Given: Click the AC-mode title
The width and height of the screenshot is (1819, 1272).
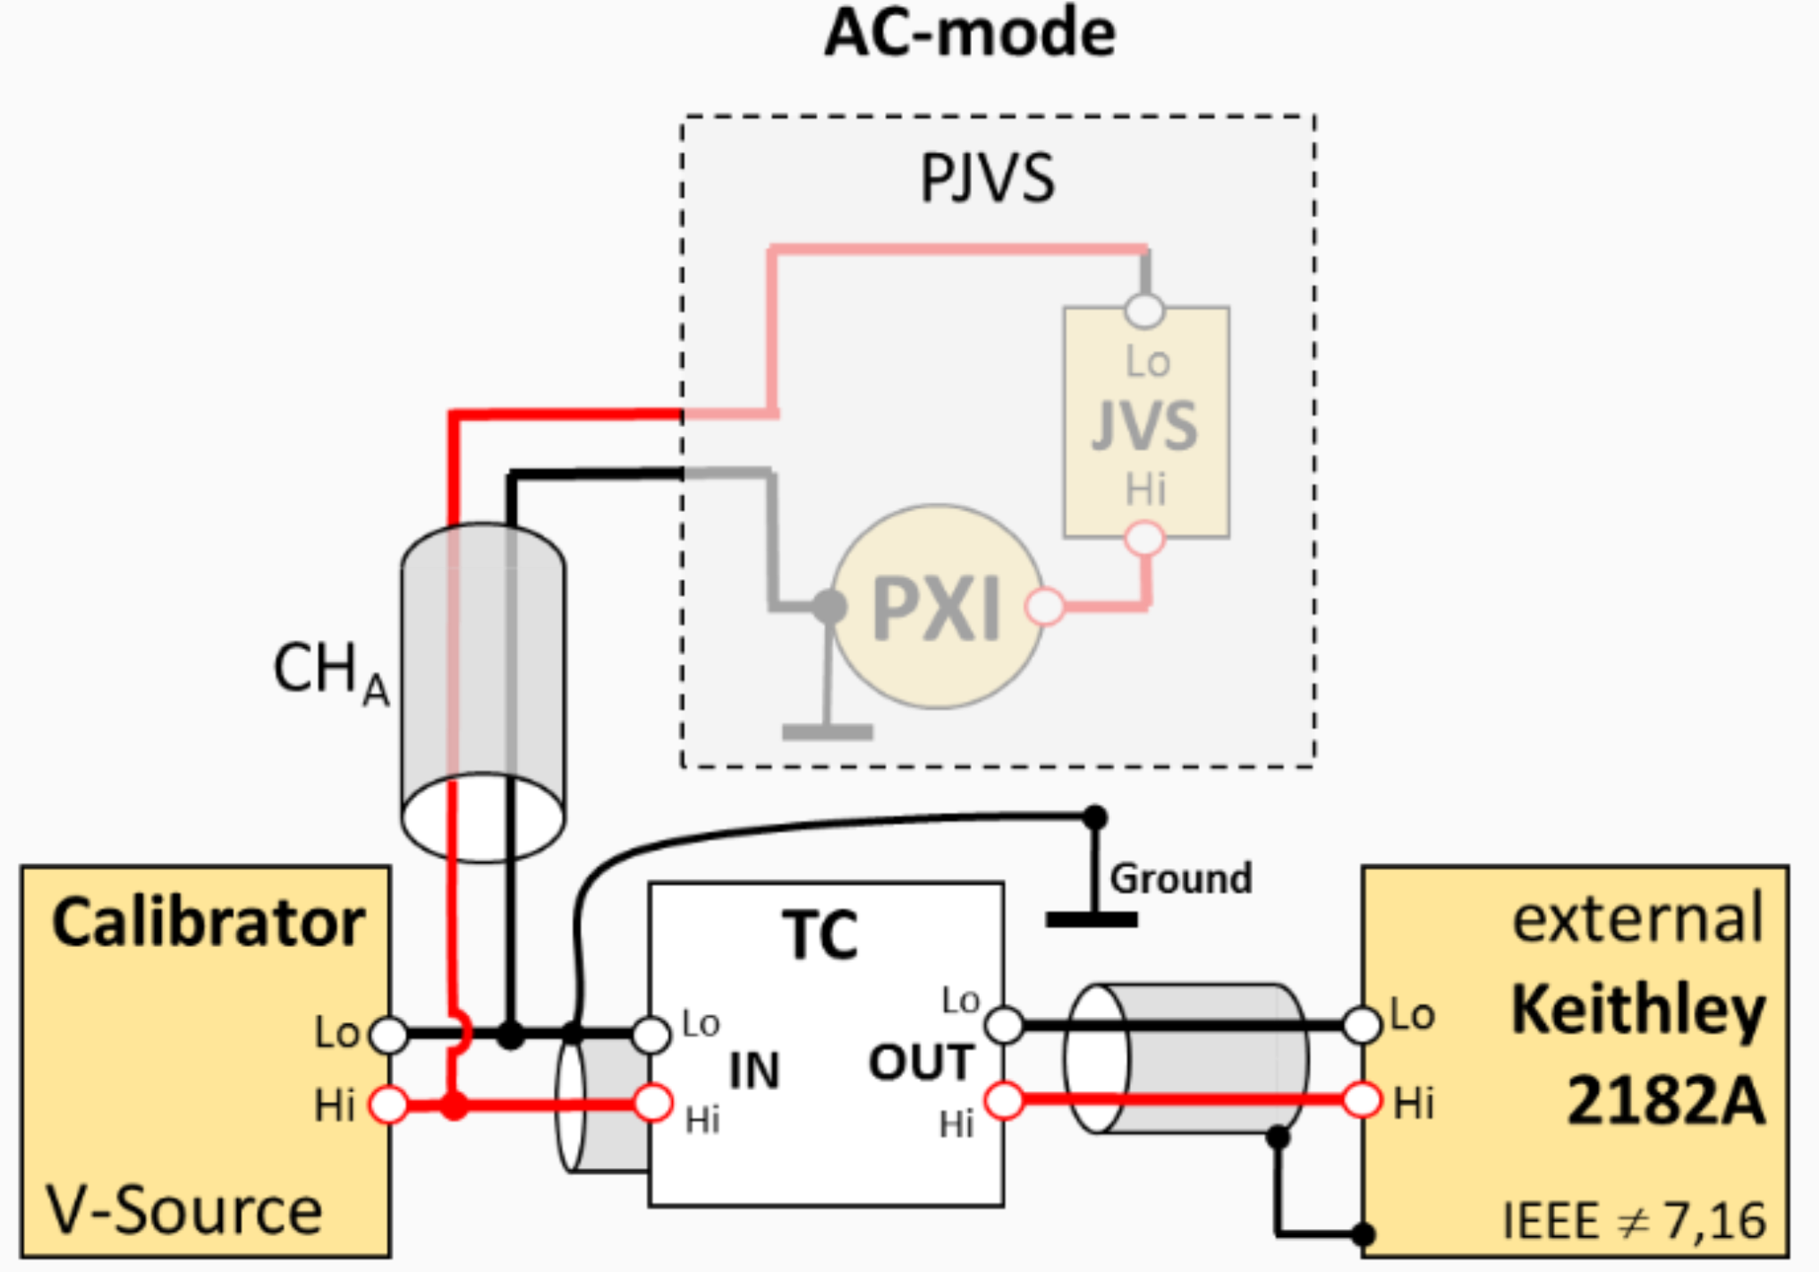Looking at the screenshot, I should click(970, 34).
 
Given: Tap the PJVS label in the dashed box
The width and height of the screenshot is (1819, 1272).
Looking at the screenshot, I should click(988, 178).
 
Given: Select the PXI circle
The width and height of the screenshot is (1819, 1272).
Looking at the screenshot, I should click(937, 607).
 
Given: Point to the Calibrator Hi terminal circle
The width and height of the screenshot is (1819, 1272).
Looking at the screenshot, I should click(389, 1104).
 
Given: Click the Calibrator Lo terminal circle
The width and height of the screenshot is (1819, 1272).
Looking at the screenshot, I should click(389, 1035).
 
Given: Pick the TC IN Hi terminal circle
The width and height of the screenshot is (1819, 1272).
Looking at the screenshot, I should click(653, 1103).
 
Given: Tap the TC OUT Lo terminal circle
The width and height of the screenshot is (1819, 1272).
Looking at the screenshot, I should click(1005, 1024).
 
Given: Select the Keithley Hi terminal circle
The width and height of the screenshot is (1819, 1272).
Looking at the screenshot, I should click(1362, 1100).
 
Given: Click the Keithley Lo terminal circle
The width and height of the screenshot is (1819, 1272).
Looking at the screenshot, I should click(1362, 1024).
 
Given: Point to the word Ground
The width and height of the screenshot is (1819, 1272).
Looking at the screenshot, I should click(1180, 879).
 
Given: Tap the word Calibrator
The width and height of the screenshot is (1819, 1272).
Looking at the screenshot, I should click(208, 922).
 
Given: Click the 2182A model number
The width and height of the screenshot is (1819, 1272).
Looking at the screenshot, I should click(1666, 1100).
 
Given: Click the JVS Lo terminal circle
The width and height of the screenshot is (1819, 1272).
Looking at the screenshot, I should click(1144, 311).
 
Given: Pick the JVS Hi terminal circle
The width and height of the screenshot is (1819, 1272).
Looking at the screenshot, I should click(1144, 539).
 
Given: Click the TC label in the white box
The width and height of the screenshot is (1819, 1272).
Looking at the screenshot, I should click(820, 935).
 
